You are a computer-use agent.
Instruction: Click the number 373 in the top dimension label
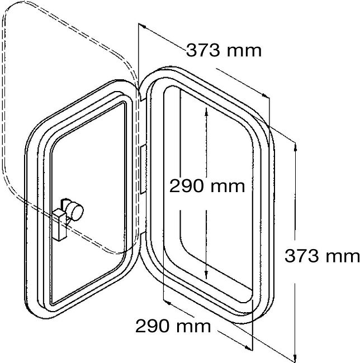(203, 50)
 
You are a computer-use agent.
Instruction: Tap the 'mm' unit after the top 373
(244, 52)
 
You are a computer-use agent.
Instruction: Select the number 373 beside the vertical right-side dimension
(301, 256)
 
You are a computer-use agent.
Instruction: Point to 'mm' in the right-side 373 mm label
(343, 257)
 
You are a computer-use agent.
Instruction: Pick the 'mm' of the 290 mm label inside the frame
(228, 188)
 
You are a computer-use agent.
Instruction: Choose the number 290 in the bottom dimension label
(152, 326)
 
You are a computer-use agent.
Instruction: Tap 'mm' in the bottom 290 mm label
(193, 328)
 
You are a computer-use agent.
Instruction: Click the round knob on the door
(74, 211)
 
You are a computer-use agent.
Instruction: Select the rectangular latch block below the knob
(60, 225)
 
